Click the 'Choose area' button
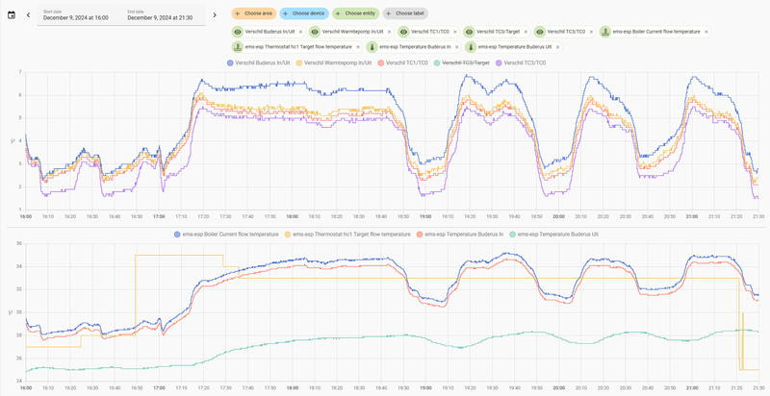253,13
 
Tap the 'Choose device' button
303,13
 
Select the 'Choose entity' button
354,13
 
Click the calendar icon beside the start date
11,14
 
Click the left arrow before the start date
28,14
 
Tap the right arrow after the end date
215,14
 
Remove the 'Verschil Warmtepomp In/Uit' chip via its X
389,32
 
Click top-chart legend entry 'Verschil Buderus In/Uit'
257,62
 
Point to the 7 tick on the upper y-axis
19,72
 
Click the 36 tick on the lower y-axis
18,244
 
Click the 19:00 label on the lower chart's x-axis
424,388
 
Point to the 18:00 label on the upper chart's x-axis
292,216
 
